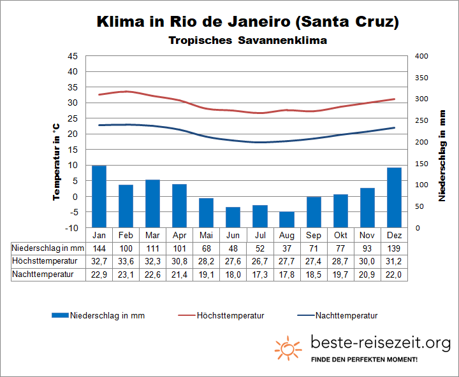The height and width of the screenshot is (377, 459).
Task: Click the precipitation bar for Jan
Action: [x=99, y=196]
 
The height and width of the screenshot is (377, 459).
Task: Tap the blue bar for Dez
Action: [x=394, y=197]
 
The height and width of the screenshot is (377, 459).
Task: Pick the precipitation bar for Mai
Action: [x=206, y=213]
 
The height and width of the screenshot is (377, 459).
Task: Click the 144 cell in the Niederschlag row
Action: [x=99, y=248]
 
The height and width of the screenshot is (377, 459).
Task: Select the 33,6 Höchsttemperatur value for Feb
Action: [x=126, y=261]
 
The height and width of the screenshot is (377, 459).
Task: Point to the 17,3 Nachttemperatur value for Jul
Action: [x=260, y=274]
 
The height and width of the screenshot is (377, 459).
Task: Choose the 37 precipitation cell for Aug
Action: [x=287, y=248]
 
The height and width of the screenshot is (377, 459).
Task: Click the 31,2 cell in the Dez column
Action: [x=394, y=261]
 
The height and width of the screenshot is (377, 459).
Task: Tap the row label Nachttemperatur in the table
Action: [x=43, y=274]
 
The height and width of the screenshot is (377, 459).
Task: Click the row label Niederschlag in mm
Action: [x=48, y=248]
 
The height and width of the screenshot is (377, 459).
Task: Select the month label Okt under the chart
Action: [x=340, y=234]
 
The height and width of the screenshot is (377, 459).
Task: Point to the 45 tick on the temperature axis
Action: [x=72, y=56]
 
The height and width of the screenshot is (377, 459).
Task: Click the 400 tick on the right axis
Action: [x=421, y=56]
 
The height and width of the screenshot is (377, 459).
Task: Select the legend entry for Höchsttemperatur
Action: [x=230, y=315]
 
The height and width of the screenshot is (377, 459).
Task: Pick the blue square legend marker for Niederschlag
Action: [x=59, y=315]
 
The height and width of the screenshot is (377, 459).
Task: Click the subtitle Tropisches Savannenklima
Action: [x=248, y=41]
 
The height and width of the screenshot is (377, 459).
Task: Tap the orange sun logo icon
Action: [x=288, y=348]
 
